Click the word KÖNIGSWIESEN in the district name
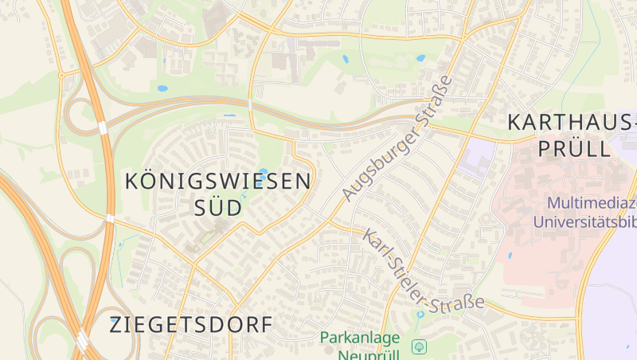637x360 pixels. click(x=218, y=181)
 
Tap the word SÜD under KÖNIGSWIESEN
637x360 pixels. click(x=218, y=209)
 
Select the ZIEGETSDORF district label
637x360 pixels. click(x=191, y=325)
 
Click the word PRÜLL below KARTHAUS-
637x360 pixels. click(x=573, y=148)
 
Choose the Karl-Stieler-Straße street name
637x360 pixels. click(x=424, y=272)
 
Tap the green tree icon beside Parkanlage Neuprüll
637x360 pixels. click(x=419, y=346)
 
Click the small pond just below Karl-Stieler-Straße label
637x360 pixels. click(x=420, y=315)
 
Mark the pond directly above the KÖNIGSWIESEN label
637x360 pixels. click(x=264, y=170)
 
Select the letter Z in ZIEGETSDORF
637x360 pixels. click(x=116, y=325)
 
